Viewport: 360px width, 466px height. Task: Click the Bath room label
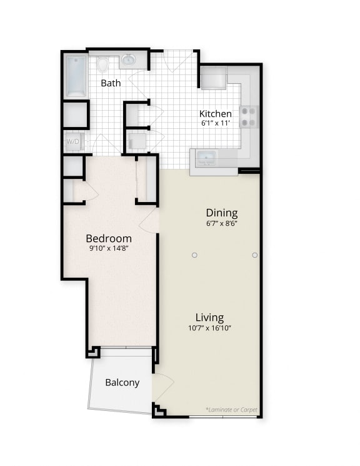click(x=111, y=83)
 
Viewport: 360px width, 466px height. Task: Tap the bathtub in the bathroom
click(x=76, y=76)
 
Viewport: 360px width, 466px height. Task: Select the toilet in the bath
click(x=102, y=64)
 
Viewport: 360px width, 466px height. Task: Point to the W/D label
click(x=72, y=142)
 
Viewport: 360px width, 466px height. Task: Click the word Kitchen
click(x=216, y=114)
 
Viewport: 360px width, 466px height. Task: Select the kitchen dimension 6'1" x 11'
click(x=216, y=124)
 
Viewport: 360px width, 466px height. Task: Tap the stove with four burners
click(x=249, y=116)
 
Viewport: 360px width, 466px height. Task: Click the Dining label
click(x=222, y=213)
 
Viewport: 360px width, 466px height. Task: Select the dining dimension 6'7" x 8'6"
click(x=222, y=223)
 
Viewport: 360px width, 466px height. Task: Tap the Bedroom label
click(x=109, y=238)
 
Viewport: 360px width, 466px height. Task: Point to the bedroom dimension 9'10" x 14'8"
click(x=109, y=248)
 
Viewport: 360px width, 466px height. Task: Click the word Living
click(x=209, y=317)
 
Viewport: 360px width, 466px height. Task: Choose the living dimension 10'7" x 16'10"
click(x=209, y=328)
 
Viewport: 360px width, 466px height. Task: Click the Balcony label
click(x=122, y=382)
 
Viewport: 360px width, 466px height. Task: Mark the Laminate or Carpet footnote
click(x=231, y=410)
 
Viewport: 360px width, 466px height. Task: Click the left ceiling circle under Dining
click(x=194, y=255)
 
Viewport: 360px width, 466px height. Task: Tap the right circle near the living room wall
click(x=254, y=255)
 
